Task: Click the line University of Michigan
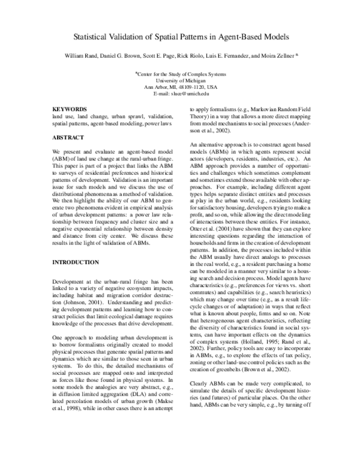[x=180, y=80]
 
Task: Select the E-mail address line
[x=180, y=94]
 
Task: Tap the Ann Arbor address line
[x=180, y=87]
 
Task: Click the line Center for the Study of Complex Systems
[x=180, y=73]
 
